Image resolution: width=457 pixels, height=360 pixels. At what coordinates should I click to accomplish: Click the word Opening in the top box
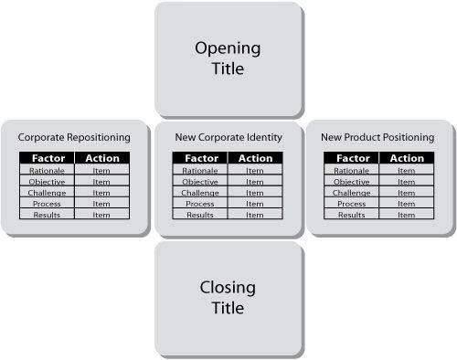point(228,48)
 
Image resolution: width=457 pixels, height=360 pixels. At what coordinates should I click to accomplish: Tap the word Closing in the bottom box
point(228,288)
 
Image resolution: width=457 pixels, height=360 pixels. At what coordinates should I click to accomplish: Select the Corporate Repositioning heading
point(74,137)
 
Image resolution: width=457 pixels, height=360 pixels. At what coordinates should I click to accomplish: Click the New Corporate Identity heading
point(228,137)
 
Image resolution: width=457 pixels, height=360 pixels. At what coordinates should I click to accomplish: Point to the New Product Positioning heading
point(377,137)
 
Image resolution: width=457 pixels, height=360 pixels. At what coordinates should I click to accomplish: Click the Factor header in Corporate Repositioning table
point(48,158)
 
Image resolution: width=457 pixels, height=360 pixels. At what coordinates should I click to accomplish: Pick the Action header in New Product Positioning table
point(407,158)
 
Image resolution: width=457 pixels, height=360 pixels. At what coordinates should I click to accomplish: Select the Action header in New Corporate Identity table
point(255,158)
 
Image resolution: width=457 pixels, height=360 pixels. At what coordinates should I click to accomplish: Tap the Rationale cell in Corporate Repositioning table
point(47,171)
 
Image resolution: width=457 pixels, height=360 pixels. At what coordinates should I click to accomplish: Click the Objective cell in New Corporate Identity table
point(200,182)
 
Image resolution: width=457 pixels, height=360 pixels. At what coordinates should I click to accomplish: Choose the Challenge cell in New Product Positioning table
point(352,193)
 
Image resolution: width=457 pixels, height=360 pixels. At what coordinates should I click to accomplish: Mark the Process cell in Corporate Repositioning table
point(47,204)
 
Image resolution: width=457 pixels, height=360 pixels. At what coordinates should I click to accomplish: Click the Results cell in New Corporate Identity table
point(200,215)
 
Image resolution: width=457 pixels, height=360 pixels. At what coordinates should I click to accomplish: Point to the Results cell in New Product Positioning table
point(352,215)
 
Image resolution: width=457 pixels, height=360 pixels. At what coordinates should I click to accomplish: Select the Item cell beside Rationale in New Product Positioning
point(407,171)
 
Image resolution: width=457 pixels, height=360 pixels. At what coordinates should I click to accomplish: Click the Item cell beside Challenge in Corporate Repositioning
point(101,193)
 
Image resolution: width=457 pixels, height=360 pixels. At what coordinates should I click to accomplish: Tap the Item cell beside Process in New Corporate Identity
point(255,204)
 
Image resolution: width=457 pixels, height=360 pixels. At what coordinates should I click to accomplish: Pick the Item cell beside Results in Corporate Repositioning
point(101,215)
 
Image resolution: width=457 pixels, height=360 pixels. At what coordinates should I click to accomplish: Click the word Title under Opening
point(228,69)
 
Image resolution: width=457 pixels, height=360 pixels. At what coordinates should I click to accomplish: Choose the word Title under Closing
point(228,308)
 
